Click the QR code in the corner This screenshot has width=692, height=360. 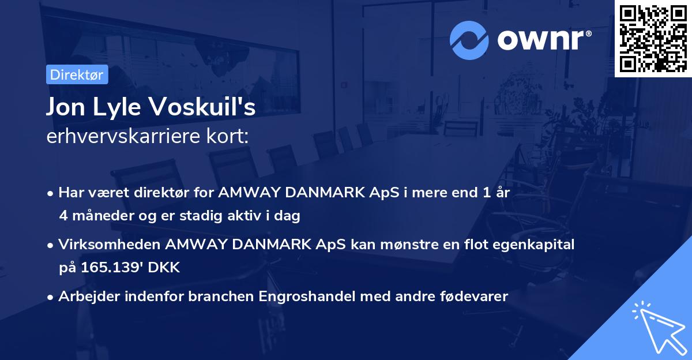coord(653,38)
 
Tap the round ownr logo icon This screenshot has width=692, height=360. coord(469,40)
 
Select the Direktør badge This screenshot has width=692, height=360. coord(77,74)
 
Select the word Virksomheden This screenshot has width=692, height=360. coord(110,245)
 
